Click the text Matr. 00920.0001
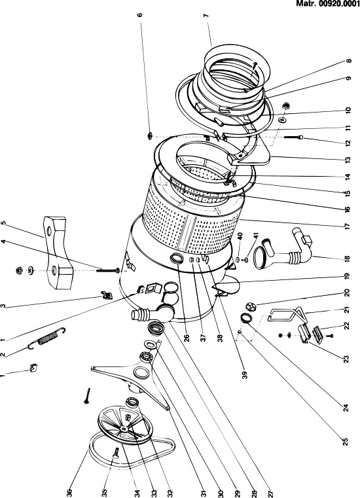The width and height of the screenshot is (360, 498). pyautogui.click(x=327, y=3)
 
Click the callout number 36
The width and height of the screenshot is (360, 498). pyautogui.click(x=70, y=493)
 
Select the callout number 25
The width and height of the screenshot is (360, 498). pyautogui.click(x=346, y=442)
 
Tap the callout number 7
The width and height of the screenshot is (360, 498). pyautogui.click(x=206, y=16)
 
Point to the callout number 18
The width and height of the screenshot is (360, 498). pyautogui.click(x=347, y=259)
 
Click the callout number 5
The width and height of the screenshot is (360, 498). pyautogui.click(x=3, y=223)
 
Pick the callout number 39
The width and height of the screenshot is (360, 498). pyautogui.click(x=244, y=375)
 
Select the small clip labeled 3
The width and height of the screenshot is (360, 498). pyautogui.click(x=106, y=294)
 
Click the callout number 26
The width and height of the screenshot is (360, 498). pyautogui.click(x=187, y=338)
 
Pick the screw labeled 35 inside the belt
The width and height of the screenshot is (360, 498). pyautogui.click(x=116, y=452)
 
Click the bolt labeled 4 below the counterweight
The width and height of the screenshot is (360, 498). pyautogui.click(x=108, y=270)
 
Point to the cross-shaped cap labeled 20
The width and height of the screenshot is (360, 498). pyautogui.click(x=250, y=307)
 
